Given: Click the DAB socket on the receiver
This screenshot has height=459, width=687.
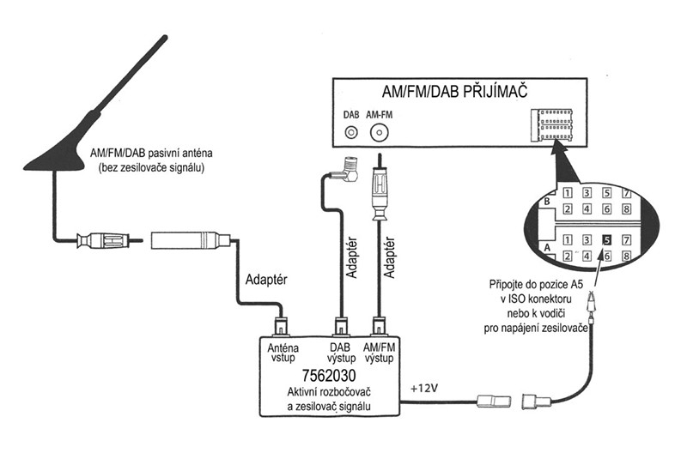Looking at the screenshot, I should point(350,133).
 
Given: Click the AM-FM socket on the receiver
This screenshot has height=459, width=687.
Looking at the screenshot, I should point(379,133).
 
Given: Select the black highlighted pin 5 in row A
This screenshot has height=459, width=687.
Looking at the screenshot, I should point(606,240).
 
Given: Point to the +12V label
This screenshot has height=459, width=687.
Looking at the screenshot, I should point(426,387).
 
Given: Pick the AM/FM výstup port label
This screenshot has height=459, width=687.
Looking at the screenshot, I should point(380,352).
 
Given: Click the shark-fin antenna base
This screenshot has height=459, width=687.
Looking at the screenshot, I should point(64,150).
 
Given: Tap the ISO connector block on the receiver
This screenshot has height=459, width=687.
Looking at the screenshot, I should point(551,125).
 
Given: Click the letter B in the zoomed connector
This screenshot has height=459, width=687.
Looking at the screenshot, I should point(545,201).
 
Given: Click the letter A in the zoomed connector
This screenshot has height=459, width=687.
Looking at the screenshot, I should point(545,245).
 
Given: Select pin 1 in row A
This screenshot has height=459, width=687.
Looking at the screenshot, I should point(568,240).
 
